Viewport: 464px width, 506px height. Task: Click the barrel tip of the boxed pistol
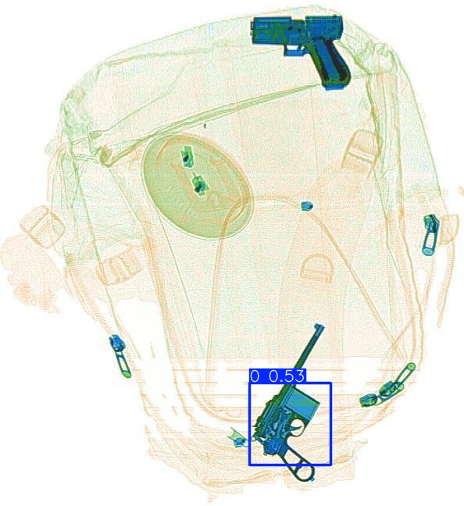coord(318,328)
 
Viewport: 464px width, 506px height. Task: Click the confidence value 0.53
coord(287,376)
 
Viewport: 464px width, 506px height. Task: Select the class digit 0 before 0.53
coord(255,376)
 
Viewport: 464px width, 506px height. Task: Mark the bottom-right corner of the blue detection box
coord(332,465)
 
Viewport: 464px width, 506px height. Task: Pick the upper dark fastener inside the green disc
coord(187,156)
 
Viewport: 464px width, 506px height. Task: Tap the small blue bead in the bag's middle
coord(305,206)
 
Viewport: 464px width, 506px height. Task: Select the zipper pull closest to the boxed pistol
coord(387,387)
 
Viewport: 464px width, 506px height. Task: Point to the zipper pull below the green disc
coord(119,354)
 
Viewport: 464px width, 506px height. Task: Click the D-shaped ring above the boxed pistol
coord(316,269)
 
